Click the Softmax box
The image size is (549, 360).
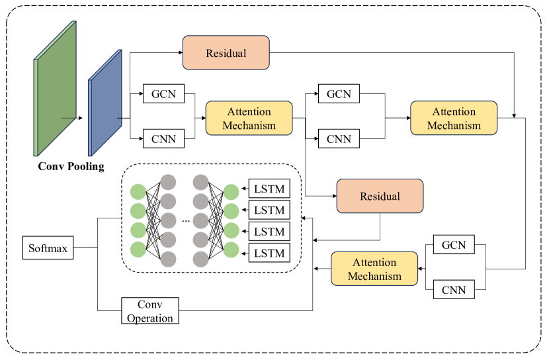pos(48,248)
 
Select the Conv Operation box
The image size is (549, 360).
pos(150,310)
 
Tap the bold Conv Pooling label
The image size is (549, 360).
pos(71,166)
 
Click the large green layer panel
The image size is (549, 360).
pos(55,89)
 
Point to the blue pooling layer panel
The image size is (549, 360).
pos(105,103)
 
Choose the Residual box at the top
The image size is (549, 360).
pos(226,52)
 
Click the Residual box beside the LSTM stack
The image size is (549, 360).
pos(380,196)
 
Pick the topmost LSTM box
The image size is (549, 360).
pos(269,189)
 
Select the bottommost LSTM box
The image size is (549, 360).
pos(269,253)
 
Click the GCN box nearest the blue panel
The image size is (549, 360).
pos(163,93)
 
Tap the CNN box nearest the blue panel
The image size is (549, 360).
pos(163,139)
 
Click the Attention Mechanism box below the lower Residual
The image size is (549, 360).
pos(374,269)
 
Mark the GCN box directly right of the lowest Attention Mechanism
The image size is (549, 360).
pos(454,244)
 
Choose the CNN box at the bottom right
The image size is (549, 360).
pos(454,290)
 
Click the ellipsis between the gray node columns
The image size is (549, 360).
pos(186,221)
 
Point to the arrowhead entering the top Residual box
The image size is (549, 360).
pos(181,52)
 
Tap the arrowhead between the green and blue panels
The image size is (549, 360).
pos(81,118)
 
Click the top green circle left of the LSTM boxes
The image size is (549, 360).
pos(231,192)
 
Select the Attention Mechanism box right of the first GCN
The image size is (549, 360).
pos(249,118)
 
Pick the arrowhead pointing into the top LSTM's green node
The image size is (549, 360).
pos(243,189)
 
